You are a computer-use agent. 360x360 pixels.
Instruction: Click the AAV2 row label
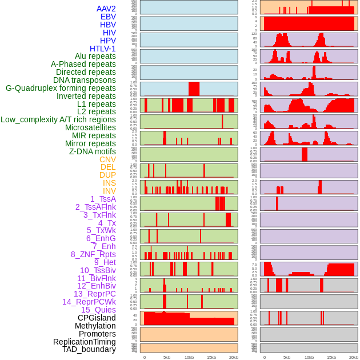pos(106,9)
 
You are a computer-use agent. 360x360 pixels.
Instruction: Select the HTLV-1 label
pos(102,49)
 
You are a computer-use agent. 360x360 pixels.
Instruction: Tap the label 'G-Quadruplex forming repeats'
pos(61,88)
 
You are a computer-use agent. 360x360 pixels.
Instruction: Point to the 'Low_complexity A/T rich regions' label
pos(58,119)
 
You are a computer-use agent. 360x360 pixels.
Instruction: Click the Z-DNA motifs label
pos(93,151)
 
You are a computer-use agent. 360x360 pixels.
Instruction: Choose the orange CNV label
pos(107,159)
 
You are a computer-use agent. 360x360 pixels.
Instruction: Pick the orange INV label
pos(109,191)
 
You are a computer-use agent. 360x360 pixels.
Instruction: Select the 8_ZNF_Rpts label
pos(93,254)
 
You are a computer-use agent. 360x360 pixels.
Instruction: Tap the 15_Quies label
pos(98,310)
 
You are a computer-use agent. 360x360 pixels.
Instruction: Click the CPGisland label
pos(97,318)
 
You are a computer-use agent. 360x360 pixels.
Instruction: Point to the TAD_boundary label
pos(89,349)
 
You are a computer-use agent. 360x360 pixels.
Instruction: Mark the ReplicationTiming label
pos(85,342)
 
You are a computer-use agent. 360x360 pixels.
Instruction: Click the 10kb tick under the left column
pos(189,357)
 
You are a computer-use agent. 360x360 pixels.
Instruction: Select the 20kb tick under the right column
pos(354,357)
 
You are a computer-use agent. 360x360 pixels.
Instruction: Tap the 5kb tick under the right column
pos(286,357)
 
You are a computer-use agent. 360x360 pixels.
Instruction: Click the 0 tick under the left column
pos(144,357)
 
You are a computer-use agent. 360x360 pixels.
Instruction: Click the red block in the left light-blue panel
pos(194,89)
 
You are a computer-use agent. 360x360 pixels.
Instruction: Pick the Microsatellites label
pos(90,127)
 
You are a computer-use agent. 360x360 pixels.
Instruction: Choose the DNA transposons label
pos(85,80)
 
